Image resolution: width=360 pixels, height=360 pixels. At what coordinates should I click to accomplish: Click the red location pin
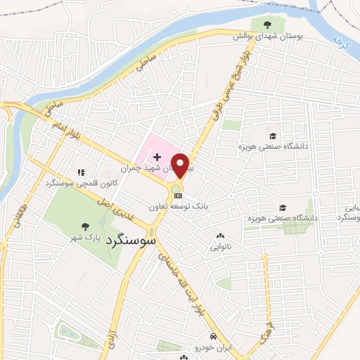coord(181,165)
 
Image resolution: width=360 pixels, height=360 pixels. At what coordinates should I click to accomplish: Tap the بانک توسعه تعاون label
coord(179,207)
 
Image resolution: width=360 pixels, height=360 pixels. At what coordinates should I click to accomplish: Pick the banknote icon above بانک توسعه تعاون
coord(179,195)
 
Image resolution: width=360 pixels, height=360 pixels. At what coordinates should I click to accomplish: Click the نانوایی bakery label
coord(220,247)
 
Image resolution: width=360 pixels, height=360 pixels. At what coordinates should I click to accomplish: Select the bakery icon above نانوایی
coord(220,236)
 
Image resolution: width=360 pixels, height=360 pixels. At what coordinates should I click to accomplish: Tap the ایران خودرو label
coord(214,348)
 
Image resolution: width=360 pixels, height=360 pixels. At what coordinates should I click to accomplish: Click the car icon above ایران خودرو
coord(214,336)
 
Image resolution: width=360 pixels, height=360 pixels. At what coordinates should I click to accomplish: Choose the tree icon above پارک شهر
coord(86,226)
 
